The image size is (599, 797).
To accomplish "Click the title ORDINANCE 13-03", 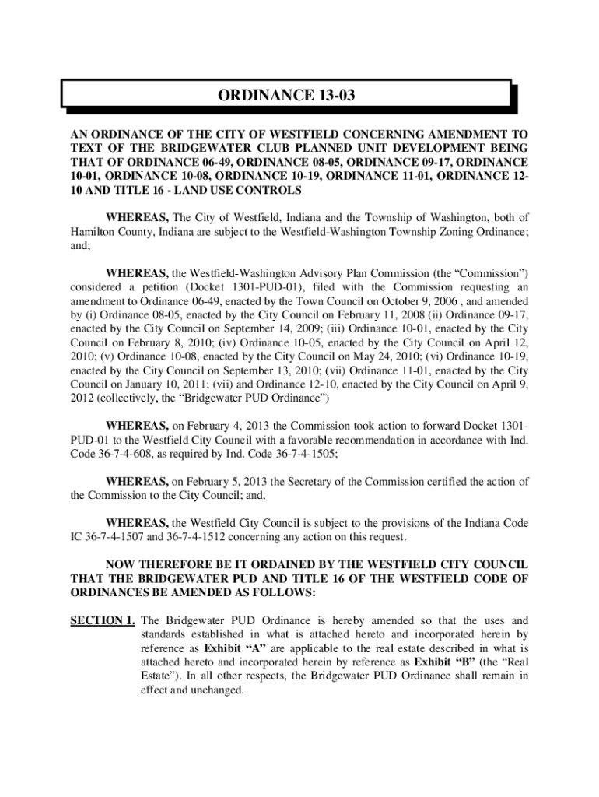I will pos(288,96).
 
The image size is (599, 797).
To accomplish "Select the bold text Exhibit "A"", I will pos(233,648).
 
